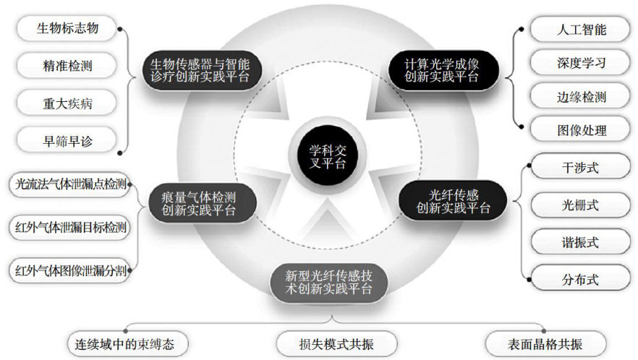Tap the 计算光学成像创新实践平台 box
[442, 70]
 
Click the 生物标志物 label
[67, 29]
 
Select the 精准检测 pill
[67, 67]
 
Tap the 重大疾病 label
[67, 103]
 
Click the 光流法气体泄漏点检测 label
[70, 185]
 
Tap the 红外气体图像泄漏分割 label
[70, 271]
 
